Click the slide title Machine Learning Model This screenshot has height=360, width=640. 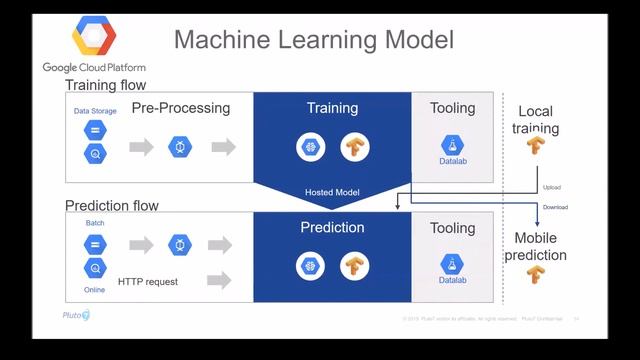(x=314, y=40)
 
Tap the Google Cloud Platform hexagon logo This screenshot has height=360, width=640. (x=96, y=38)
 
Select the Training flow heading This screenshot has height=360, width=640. (x=105, y=86)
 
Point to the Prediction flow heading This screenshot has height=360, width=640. (x=111, y=206)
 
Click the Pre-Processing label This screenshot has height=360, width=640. (x=181, y=108)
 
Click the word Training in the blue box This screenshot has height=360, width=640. (x=331, y=106)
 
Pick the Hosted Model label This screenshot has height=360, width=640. (x=331, y=191)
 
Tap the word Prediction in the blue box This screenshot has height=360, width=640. (x=331, y=227)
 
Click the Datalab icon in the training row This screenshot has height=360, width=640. (x=452, y=147)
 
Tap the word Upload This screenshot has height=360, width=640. (x=552, y=187)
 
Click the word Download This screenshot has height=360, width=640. (x=555, y=207)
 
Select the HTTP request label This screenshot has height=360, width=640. (x=147, y=282)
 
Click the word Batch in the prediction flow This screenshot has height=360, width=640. (x=95, y=223)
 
